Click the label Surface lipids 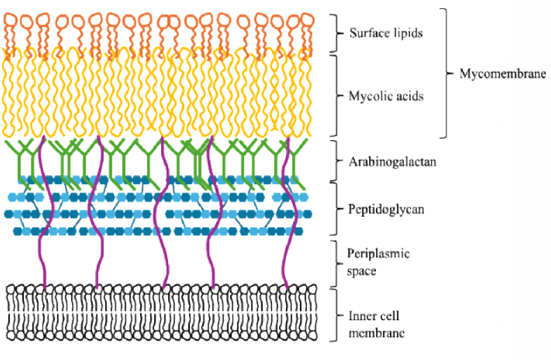click(x=385, y=33)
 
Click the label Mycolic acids click(x=386, y=96)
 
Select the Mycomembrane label click(x=502, y=73)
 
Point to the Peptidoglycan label click(x=385, y=209)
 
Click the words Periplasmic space click(x=378, y=262)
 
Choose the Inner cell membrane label click(x=376, y=325)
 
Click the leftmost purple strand click(x=43, y=209)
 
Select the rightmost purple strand click(x=285, y=209)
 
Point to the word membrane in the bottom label click(x=376, y=333)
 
